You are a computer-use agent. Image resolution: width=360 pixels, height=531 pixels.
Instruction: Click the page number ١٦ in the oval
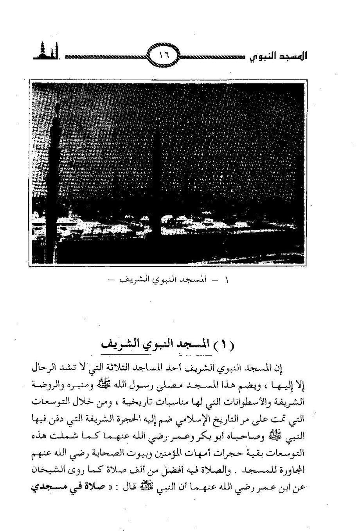click(x=163, y=56)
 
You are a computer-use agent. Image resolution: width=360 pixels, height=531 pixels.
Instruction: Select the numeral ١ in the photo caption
click(x=228, y=280)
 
